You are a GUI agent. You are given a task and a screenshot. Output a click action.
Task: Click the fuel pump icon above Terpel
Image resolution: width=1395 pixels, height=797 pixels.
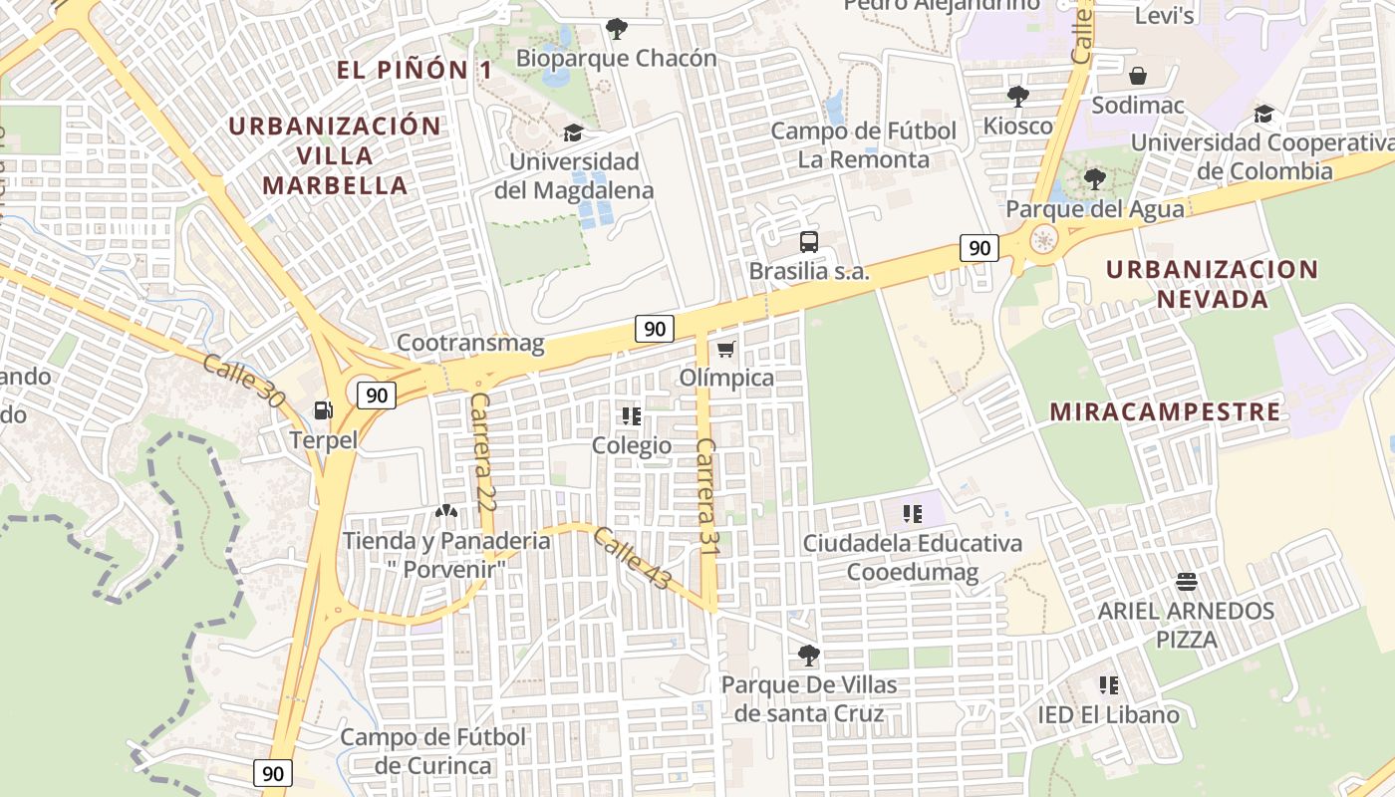click(323, 409)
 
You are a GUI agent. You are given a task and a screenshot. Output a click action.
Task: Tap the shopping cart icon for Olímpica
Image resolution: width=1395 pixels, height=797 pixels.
click(726, 349)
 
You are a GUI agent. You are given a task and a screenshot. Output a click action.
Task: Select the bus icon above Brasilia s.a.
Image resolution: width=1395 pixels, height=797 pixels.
click(809, 241)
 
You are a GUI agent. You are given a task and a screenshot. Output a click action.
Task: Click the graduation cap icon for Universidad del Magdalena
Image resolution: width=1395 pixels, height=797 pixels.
click(573, 133)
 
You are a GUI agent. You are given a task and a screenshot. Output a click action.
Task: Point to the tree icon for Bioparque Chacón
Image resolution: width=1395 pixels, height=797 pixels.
click(617, 29)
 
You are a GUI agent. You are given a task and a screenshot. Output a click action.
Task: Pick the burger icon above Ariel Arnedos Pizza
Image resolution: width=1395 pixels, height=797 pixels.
click(1186, 581)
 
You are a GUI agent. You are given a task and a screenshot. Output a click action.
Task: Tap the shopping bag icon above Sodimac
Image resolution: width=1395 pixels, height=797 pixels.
click(1137, 76)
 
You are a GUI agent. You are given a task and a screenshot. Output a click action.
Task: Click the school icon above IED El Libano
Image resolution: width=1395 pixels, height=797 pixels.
click(1108, 685)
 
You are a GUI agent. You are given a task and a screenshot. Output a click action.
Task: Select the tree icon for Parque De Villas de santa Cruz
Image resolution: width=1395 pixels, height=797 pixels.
click(809, 656)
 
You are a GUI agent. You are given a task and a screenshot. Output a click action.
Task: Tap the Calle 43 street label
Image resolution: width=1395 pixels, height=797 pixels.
click(632, 558)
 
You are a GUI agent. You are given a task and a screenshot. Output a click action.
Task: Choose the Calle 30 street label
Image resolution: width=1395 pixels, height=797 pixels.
click(242, 380)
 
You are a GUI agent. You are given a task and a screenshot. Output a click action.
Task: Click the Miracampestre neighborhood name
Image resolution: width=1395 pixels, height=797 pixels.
click(1165, 411)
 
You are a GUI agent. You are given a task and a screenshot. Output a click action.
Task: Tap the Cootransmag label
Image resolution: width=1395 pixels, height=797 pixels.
click(470, 344)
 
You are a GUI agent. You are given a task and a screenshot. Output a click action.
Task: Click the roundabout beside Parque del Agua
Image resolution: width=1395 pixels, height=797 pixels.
click(1043, 240)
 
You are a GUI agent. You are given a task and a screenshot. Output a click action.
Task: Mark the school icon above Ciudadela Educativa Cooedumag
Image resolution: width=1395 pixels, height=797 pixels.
click(912, 514)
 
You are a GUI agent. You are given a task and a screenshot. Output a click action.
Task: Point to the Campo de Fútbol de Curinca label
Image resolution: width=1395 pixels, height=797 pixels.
click(433, 751)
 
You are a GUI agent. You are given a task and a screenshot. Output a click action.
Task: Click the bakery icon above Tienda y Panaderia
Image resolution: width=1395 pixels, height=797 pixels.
click(445, 511)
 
